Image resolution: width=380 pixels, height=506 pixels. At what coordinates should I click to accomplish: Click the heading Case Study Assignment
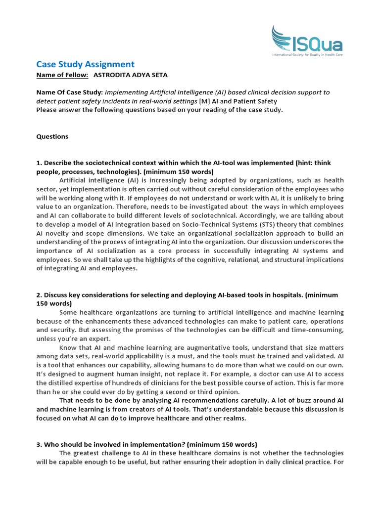[x=85, y=64]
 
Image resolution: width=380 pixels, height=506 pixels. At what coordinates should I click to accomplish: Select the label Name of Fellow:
[x=62, y=75]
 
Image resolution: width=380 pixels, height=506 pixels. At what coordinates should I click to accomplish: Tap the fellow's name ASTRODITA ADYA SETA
[x=134, y=75]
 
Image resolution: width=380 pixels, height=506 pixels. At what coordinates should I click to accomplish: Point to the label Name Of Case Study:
[x=69, y=92]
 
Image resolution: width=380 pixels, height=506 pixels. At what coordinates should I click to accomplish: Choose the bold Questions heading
[x=52, y=136]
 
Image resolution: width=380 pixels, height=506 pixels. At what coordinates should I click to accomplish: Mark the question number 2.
[x=39, y=295]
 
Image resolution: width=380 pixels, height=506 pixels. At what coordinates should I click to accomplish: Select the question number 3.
[x=39, y=444]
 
